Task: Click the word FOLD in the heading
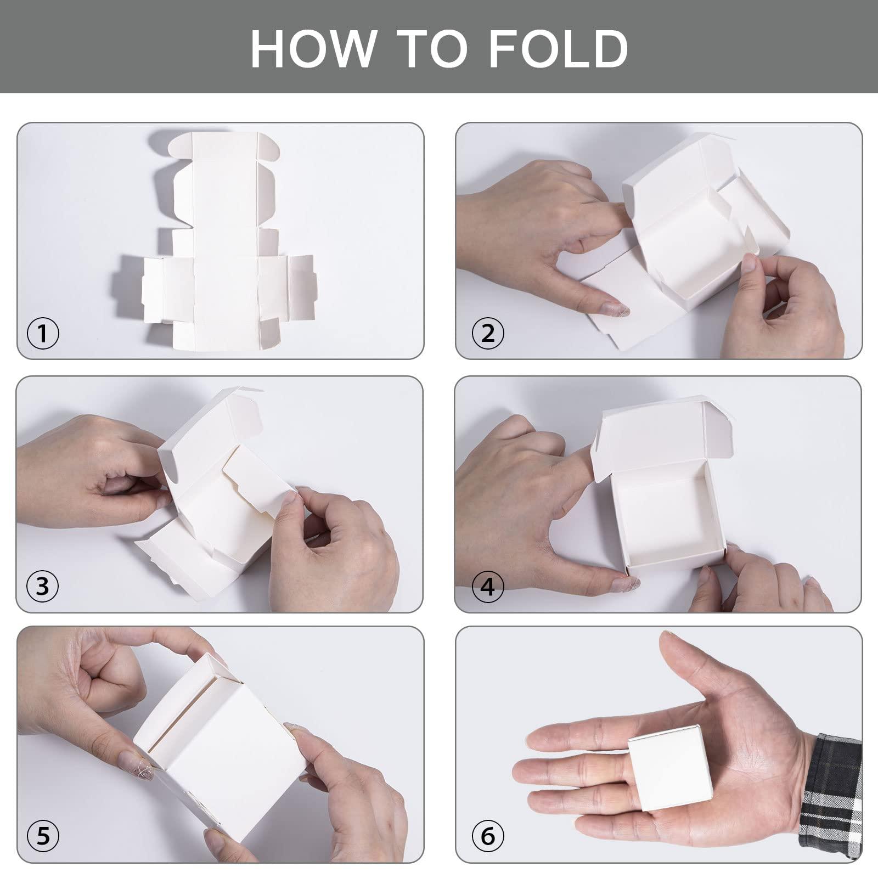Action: pyautogui.click(x=558, y=48)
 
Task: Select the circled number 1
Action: pyautogui.click(x=43, y=333)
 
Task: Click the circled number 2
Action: pyautogui.click(x=487, y=333)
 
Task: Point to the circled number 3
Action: pyautogui.click(x=43, y=587)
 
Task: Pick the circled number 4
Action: pyautogui.click(x=487, y=587)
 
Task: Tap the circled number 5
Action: pyautogui.click(x=43, y=836)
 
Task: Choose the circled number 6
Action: pyautogui.click(x=487, y=836)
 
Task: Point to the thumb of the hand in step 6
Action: pyautogui.click(x=686, y=675)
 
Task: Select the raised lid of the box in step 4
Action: pyautogui.click(x=653, y=434)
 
